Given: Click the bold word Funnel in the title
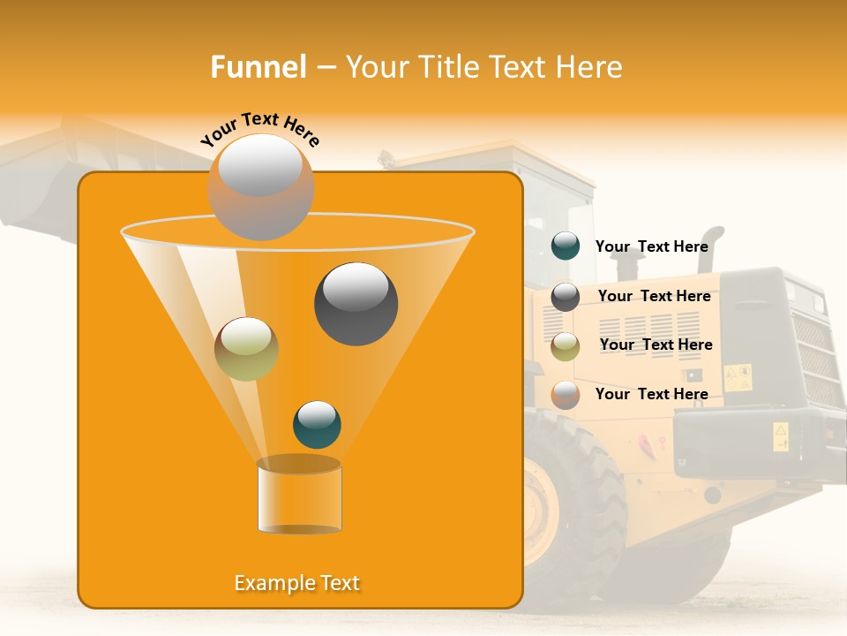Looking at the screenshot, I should point(258,67).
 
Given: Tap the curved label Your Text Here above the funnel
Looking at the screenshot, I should point(259,129).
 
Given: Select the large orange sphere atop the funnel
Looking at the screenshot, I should point(260,186).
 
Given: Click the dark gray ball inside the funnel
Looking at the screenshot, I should point(356,304).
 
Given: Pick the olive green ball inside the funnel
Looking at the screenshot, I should point(246,349).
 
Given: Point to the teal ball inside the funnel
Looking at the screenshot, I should point(317,424).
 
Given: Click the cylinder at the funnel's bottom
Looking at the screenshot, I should point(299,496).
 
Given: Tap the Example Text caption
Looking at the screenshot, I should point(297,583).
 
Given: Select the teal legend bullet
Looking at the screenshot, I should point(565,246).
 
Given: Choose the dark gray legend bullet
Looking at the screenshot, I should point(565,297).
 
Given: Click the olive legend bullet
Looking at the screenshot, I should point(565,346).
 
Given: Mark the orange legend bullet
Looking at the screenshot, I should point(565,395).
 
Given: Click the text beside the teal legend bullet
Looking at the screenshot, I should point(651,246).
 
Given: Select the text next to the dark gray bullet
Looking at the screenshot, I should point(654,296).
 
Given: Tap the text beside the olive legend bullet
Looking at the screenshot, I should point(656,344).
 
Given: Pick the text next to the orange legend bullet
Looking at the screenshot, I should point(651,394).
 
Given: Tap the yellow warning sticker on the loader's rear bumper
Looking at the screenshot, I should point(781,436).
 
